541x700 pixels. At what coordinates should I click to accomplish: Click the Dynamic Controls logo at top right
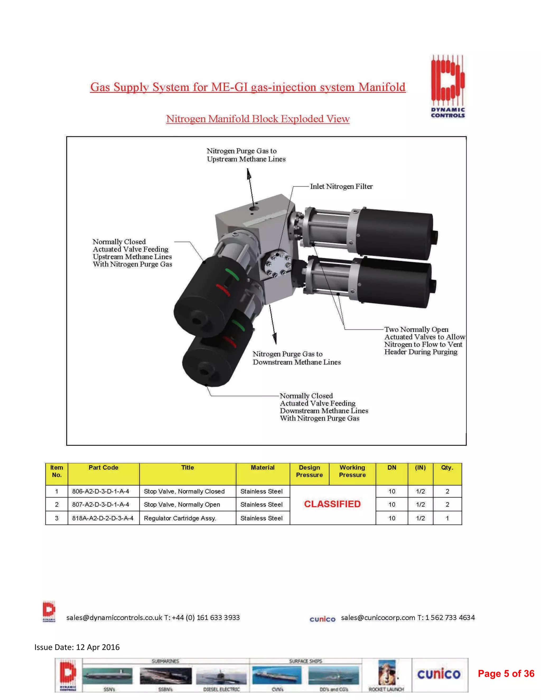click(447, 86)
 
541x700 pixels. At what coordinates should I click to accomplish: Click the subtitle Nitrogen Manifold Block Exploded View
click(257, 119)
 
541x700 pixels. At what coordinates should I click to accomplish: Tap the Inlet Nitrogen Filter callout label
click(341, 186)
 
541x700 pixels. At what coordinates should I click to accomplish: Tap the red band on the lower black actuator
click(230, 342)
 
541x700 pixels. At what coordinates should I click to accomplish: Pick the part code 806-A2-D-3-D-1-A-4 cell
click(101, 491)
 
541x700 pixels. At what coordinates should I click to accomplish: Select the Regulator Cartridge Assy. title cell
click(180, 518)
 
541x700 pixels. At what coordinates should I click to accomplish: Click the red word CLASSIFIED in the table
click(332, 504)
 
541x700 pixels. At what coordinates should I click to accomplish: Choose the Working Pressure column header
click(352, 471)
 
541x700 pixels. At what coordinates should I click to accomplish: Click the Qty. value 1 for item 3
click(447, 518)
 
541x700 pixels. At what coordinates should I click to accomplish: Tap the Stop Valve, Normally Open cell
click(182, 505)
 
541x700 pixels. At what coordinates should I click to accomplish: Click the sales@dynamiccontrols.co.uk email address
click(115, 618)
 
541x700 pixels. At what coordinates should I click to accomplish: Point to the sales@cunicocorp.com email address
click(378, 618)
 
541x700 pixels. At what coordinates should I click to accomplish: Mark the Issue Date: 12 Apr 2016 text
click(77, 647)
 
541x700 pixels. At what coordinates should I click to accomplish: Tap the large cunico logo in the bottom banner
click(439, 674)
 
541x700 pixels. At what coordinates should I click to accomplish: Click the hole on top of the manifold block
click(254, 209)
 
